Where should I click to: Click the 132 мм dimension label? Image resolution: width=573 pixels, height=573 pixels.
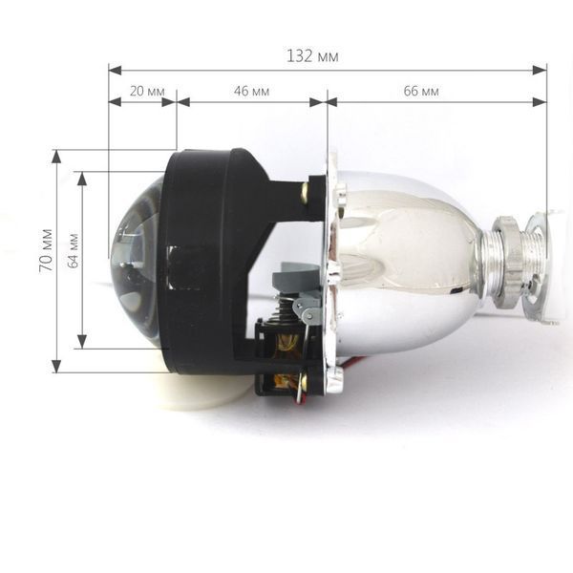pos(312,56)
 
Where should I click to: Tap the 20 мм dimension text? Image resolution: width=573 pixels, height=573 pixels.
pos(147,91)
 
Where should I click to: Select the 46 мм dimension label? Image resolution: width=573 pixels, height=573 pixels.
pos(251,91)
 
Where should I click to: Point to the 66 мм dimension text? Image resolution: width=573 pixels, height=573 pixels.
pos(421,91)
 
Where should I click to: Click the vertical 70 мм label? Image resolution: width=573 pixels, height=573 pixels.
pos(46,250)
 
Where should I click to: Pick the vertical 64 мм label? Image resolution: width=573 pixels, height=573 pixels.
pos(73,250)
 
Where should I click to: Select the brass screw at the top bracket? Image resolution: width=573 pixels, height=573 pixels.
pos(304,193)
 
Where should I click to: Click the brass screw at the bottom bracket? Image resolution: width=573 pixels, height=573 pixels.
pos(304,380)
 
